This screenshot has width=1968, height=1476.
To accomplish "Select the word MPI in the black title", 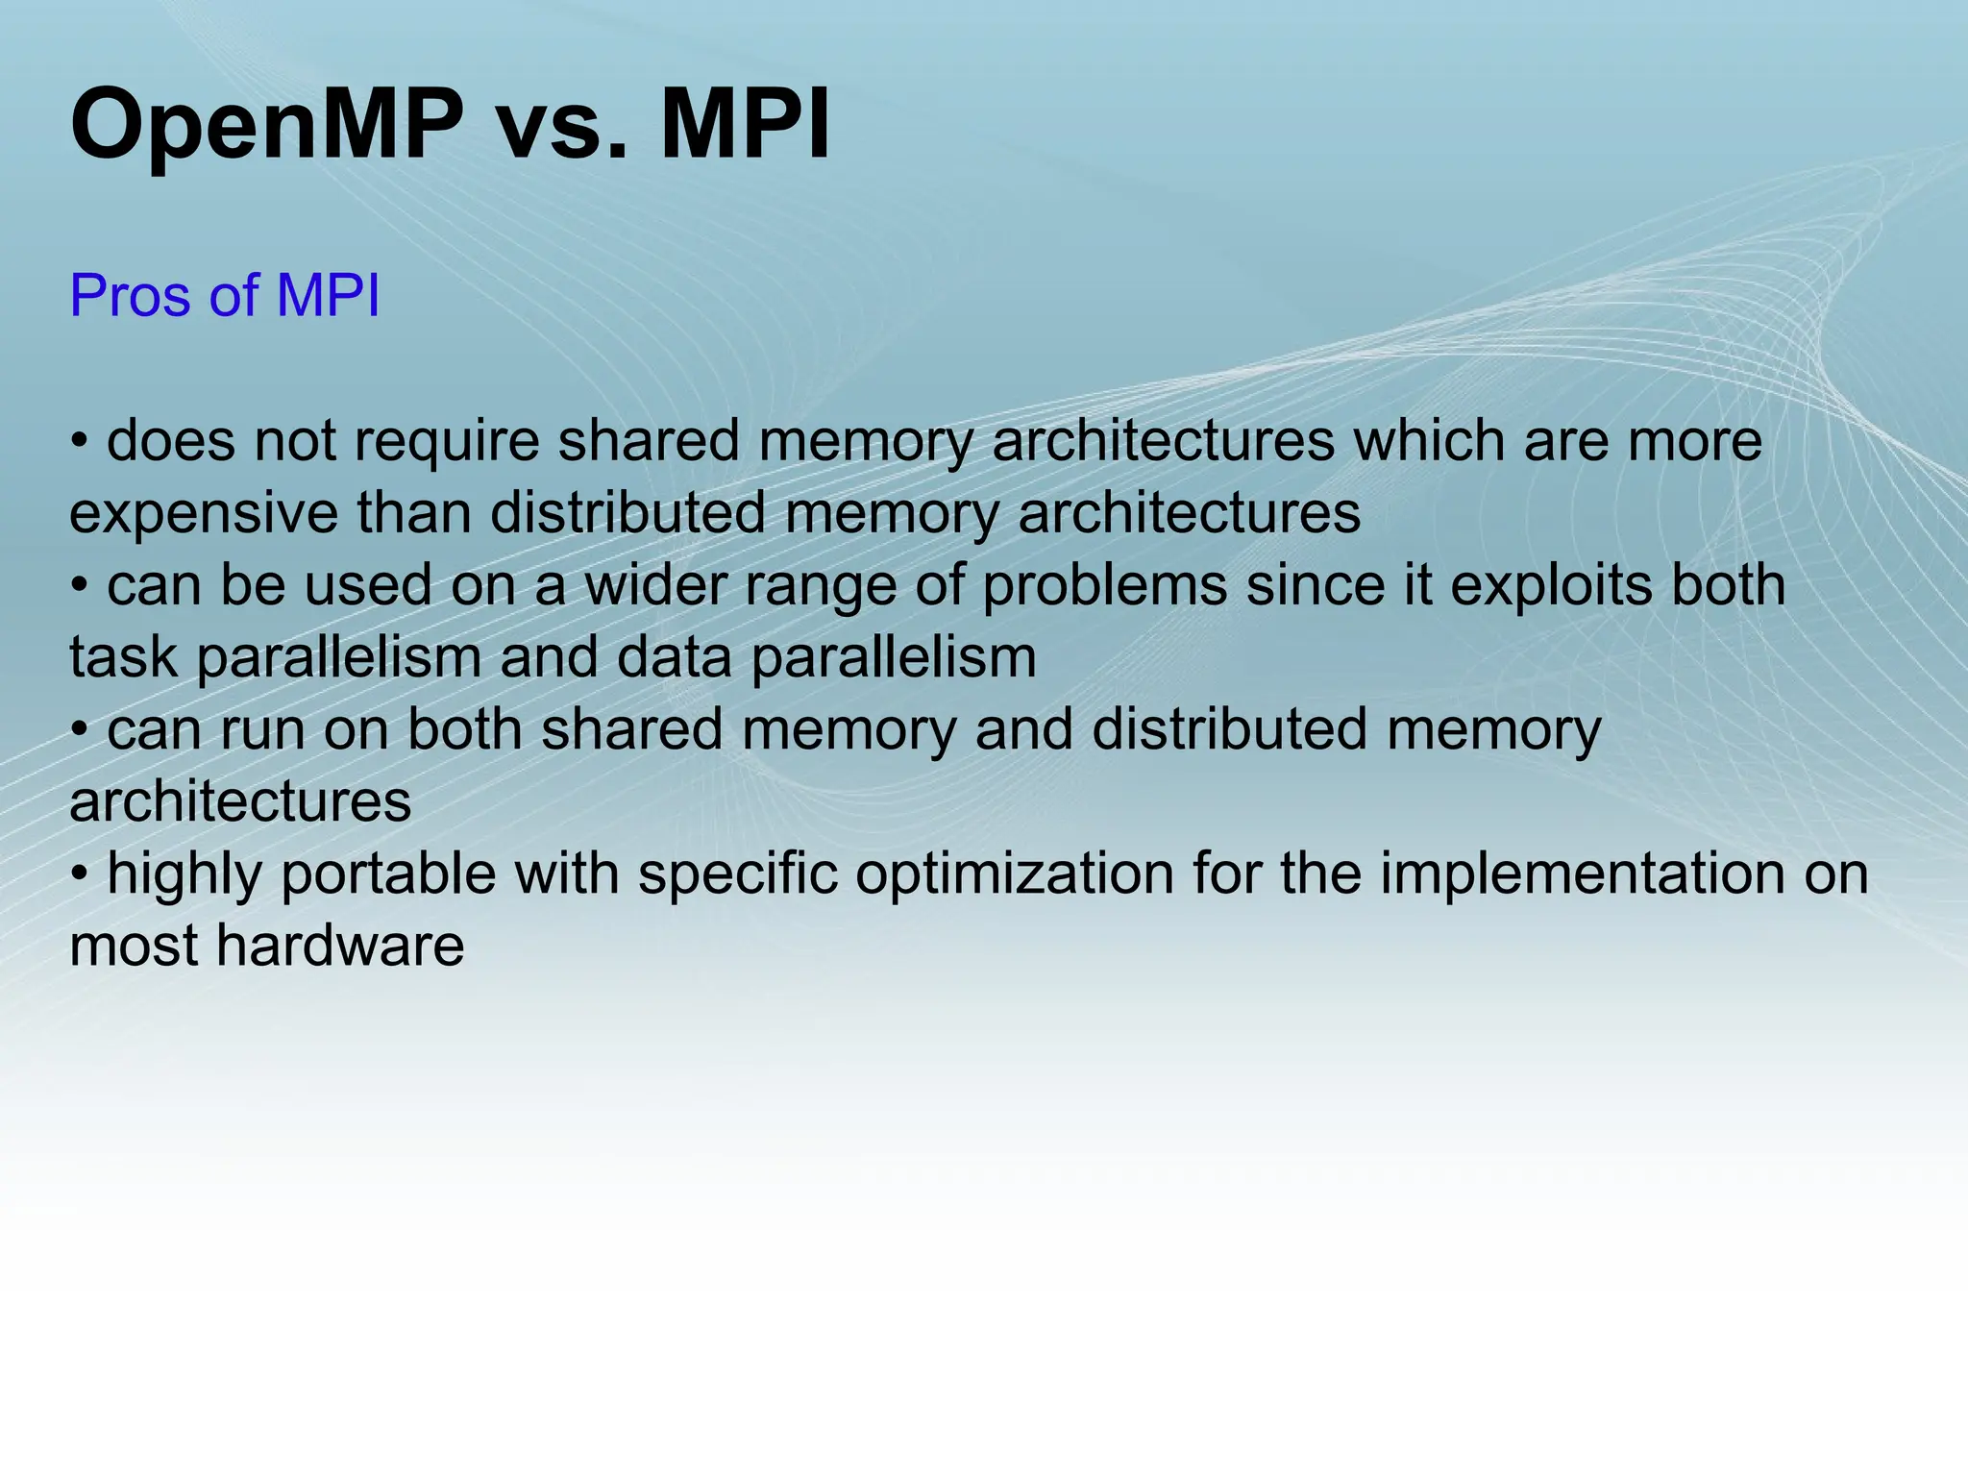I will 746,125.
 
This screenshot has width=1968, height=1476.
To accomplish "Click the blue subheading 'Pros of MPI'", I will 225,295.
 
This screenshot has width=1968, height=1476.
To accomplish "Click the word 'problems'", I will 1105,586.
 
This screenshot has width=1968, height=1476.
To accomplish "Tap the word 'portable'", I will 387,874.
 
